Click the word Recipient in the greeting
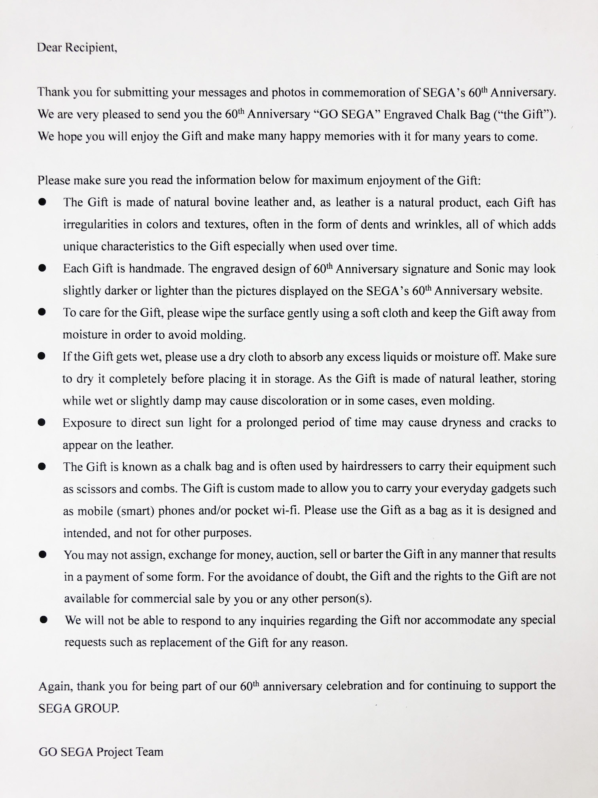click(91, 48)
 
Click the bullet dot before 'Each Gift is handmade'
click(42, 269)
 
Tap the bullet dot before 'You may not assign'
click(43, 555)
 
